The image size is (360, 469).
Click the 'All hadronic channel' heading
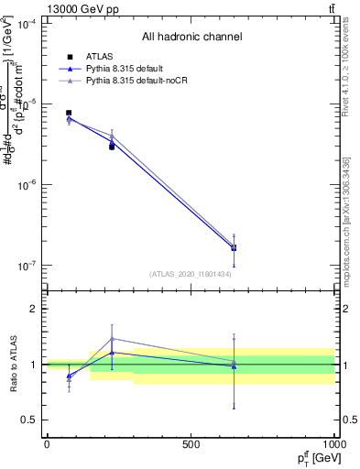pyautogui.click(x=191, y=38)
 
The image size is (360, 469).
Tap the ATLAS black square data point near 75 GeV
pyautogui.click(x=69, y=113)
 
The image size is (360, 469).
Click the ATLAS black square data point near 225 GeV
pyautogui.click(x=112, y=147)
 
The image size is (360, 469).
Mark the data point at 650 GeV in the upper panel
pyautogui.click(x=234, y=247)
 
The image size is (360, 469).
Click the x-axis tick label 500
pyautogui.click(x=191, y=443)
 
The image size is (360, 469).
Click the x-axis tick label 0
pyautogui.click(x=47, y=443)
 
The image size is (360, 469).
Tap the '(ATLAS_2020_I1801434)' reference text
pyautogui.click(x=191, y=274)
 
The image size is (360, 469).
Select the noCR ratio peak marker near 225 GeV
pyautogui.click(x=112, y=338)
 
